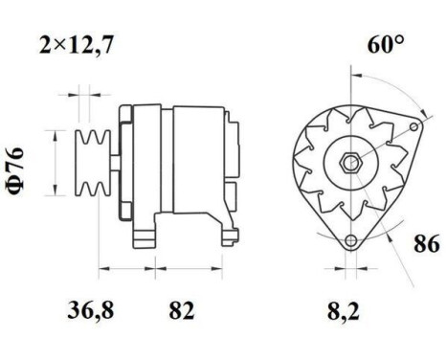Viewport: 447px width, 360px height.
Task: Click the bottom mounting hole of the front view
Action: pyautogui.click(x=353, y=239)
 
